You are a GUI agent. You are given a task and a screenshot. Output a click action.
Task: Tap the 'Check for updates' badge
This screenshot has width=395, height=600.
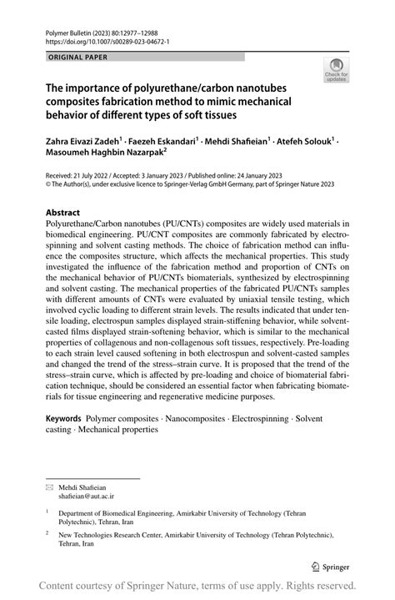[337, 71]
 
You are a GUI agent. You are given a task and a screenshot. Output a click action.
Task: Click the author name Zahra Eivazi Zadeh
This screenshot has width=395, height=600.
[82, 142]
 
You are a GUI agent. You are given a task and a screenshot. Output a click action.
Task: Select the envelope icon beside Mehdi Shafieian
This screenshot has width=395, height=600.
[50, 485]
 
